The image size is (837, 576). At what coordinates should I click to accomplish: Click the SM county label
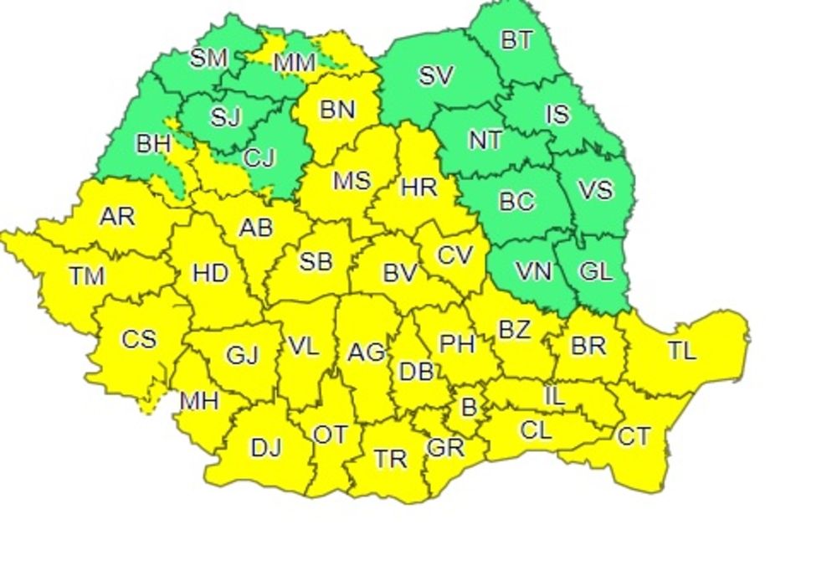[x=209, y=58]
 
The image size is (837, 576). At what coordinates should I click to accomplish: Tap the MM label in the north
[x=295, y=62]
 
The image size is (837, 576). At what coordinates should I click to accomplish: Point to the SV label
[x=435, y=76]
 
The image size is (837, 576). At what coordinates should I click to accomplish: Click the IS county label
[x=557, y=114]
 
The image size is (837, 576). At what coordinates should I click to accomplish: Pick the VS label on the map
[x=596, y=189]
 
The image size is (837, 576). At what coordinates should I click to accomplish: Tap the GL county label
[x=595, y=271]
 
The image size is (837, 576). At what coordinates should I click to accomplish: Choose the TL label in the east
[x=682, y=351]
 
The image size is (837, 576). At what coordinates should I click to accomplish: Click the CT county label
[x=634, y=436]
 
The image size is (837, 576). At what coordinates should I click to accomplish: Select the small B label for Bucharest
[x=469, y=408]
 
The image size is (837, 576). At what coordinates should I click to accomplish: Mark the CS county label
[x=138, y=339]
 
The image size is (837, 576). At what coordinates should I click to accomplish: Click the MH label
[x=199, y=401]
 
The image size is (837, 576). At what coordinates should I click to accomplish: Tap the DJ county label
[x=265, y=448]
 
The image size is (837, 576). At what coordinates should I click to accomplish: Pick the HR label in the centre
[x=418, y=186]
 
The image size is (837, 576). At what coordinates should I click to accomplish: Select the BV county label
[x=399, y=271]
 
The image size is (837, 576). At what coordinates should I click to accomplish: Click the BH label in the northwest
[x=153, y=143]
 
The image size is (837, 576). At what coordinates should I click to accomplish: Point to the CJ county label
[x=259, y=157]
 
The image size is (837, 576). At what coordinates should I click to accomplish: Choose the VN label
[x=533, y=271]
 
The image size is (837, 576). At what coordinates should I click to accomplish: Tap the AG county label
[x=366, y=353]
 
